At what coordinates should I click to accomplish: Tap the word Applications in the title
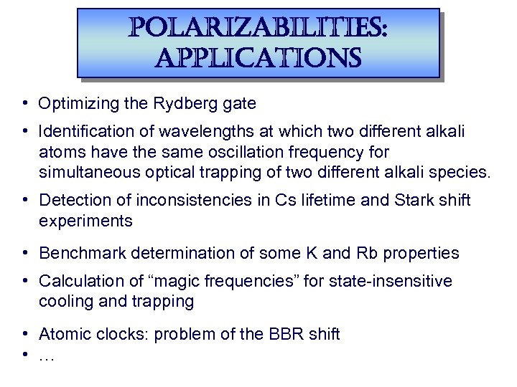258,57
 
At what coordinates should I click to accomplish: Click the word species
460,172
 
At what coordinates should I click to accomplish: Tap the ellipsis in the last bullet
47,354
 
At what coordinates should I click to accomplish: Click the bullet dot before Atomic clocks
24,334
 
